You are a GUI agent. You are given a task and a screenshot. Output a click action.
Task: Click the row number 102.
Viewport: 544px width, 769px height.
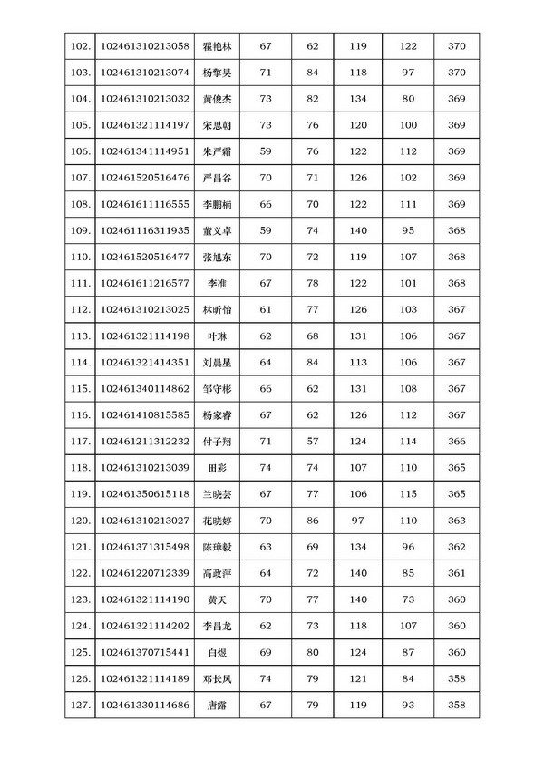(80, 46)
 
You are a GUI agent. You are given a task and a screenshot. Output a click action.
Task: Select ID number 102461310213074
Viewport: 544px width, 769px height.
(145, 73)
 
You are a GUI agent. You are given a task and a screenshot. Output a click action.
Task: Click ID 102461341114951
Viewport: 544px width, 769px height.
(145, 151)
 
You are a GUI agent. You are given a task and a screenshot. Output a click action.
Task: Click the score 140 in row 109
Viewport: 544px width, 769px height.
(358, 230)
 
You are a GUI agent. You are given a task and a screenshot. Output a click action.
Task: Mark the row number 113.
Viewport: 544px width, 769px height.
(80, 336)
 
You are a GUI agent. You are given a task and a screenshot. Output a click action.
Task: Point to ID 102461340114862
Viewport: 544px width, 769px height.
(145, 389)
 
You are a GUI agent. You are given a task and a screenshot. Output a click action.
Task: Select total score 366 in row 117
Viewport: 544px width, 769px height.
(457, 442)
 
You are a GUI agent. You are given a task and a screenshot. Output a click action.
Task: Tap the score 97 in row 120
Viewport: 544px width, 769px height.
(358, 521)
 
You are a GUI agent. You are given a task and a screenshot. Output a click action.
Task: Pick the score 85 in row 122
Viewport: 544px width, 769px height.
(407, 573)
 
